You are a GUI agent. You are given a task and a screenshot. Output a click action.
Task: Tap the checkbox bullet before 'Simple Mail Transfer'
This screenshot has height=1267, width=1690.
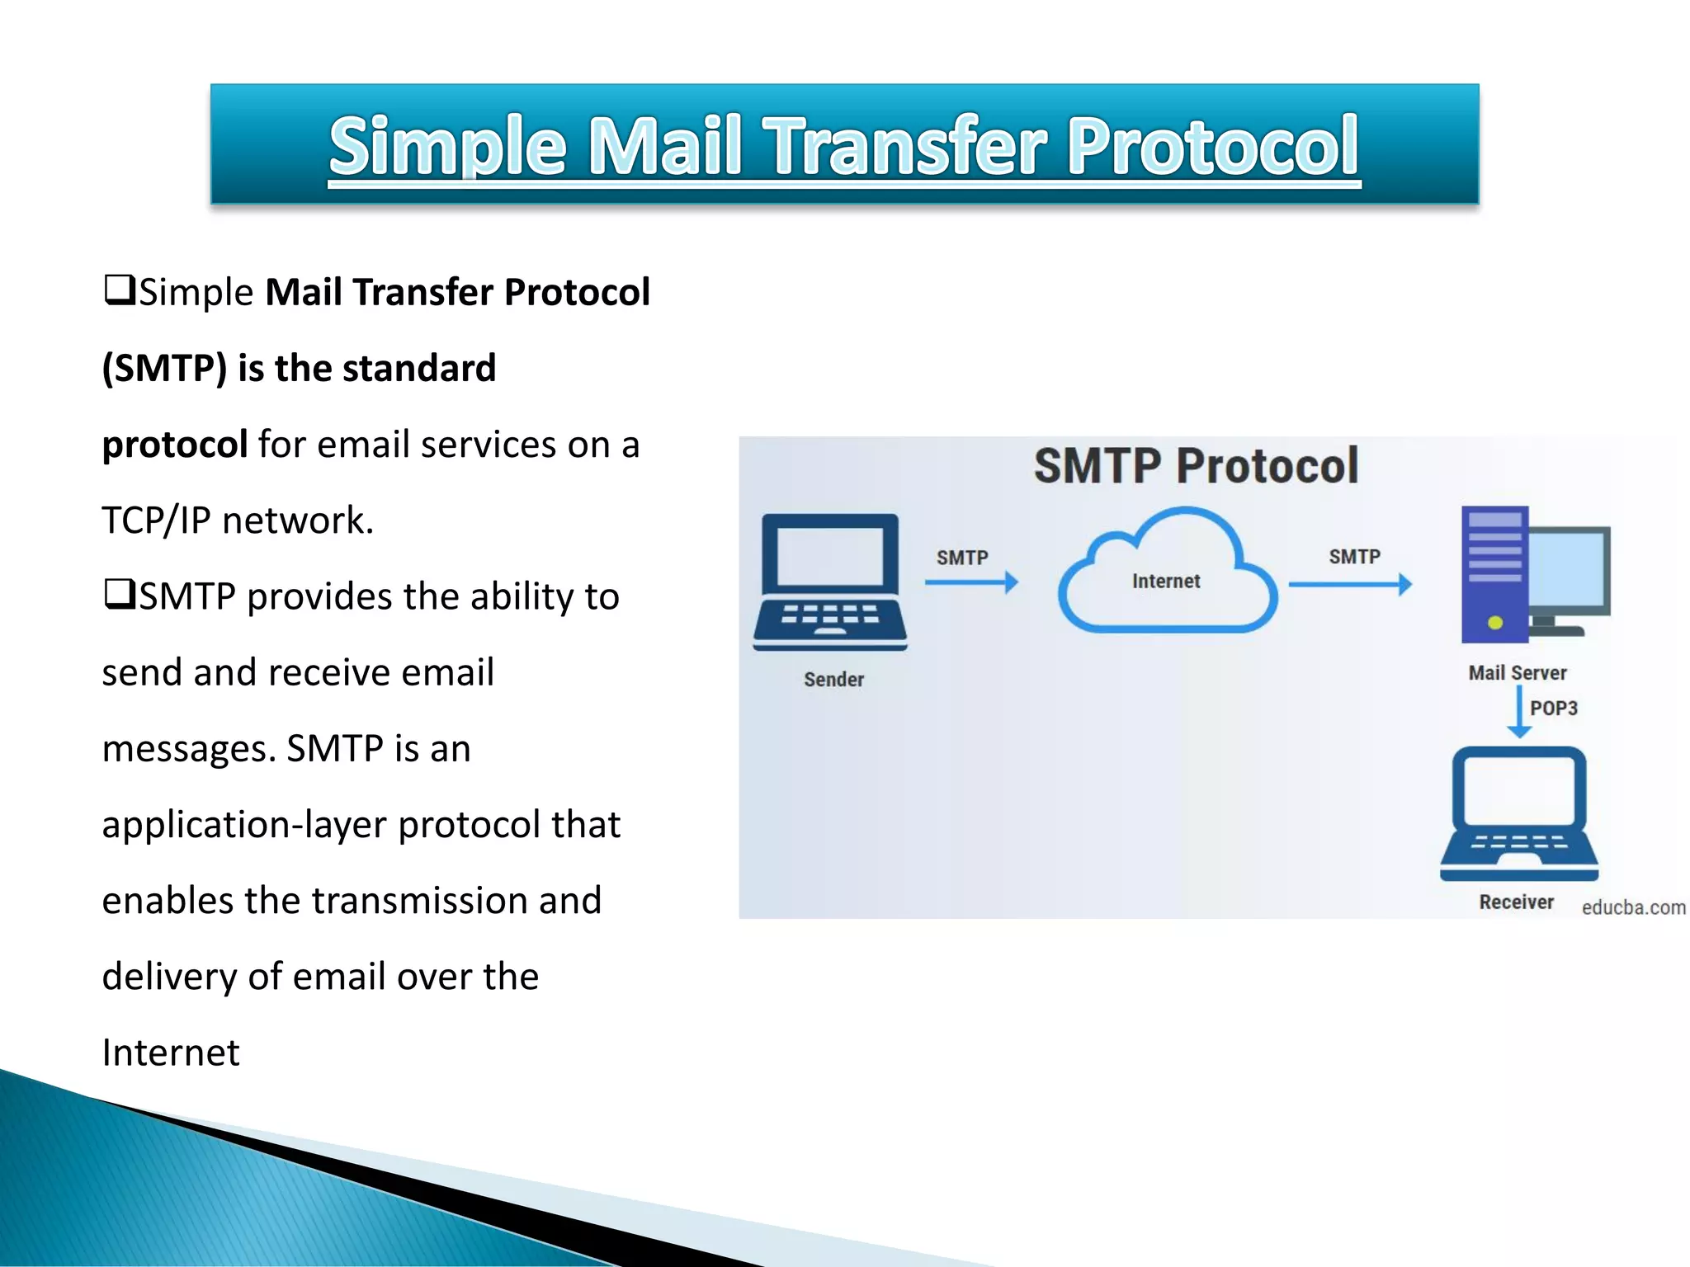[119, 290]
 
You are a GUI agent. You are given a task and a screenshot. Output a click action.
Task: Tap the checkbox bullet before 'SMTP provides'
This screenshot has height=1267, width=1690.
[119, 594]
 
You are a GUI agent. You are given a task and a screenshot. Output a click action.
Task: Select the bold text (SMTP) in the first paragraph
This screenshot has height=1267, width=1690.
[164, 368]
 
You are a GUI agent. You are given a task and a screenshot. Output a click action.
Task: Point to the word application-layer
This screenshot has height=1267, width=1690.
[244, 824]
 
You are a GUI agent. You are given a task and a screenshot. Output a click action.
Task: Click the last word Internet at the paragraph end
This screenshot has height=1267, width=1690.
[171, 1053]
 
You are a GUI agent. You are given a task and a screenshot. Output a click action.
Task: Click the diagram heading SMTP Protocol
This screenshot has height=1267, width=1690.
[1196, 466]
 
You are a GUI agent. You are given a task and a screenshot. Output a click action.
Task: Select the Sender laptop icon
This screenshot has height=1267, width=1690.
[829, 582]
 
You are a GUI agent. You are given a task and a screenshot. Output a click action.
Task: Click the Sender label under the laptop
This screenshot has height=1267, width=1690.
[833, 680]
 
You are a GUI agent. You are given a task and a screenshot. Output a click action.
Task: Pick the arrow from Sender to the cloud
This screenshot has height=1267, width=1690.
[971, 583]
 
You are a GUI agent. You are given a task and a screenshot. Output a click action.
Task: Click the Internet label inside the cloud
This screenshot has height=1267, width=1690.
[1165, 582]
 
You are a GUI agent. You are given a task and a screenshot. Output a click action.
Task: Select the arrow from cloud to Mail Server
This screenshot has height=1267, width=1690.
[1349, 585]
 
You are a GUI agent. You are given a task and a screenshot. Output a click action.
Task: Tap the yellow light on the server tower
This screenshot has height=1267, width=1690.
[1494, 623]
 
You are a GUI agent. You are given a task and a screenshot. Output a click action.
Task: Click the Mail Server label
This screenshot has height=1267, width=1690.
[1517, 673]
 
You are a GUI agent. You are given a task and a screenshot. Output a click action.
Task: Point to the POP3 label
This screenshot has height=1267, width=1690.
[1553, 709]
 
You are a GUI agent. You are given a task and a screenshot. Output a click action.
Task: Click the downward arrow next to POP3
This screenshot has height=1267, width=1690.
[1519, 712]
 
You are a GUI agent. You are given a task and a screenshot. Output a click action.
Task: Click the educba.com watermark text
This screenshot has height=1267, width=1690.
[1633, 907]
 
